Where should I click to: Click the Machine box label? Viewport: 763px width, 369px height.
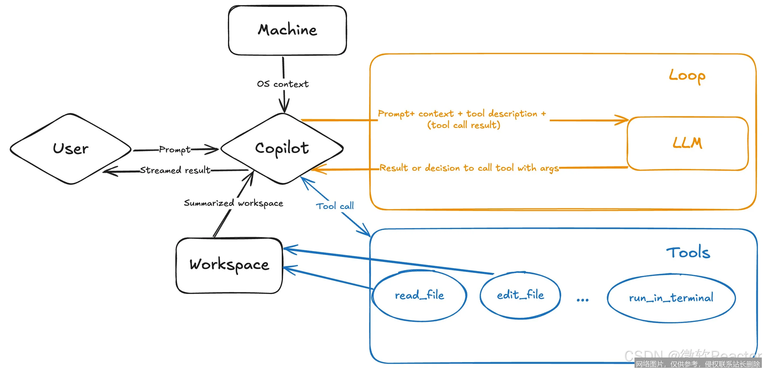[x=287, y=30]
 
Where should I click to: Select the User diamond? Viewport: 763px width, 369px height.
[x=70, y=149]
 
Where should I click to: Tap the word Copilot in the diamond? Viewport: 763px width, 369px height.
[x=282, y=148]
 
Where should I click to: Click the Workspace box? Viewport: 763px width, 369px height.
[x=229, y=265]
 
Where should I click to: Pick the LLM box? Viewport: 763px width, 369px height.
[x=687, y=143]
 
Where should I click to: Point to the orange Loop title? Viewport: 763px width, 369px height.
[x=687, y=76]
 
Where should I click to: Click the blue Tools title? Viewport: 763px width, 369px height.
[x=688, y=253]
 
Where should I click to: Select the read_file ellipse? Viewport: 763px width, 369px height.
[x=419, y=295]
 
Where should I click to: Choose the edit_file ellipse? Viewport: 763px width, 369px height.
[x=520, y=295]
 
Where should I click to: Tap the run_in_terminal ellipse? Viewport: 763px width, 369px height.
[x=671, y=298]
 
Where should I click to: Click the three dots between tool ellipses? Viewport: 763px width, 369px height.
[x=583, y=300]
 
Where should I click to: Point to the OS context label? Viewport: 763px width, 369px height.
[x=283, y=84]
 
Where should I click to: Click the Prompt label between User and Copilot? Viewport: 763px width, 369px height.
[x=175, y=149]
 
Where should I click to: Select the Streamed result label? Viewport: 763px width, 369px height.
[x=175, y=170]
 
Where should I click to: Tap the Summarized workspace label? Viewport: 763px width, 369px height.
[x=233, y=203]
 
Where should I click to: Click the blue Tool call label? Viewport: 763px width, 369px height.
[x=335, y=206]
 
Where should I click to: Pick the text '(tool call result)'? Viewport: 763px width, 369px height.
[x=463, y=125]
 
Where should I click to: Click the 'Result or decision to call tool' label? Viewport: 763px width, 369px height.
[x=469, y=168]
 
